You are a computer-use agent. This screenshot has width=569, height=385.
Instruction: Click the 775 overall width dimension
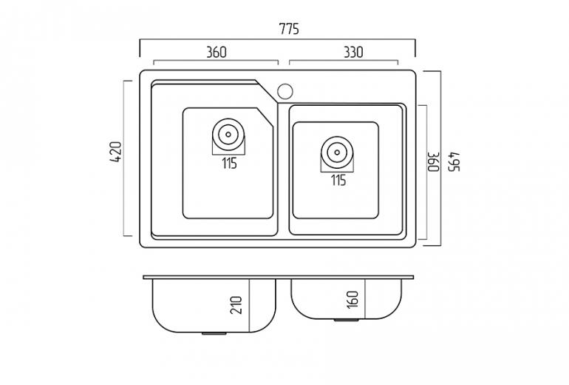pos(289,29)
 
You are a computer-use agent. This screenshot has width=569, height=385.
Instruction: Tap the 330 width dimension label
pos(353,53)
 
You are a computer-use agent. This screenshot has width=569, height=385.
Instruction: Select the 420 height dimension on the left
pos(116,152)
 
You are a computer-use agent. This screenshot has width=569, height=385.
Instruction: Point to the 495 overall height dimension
pos(454,161)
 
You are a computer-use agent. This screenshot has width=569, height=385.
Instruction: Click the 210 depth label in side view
pos(236,304)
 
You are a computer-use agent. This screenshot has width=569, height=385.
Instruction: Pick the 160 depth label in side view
pos(352,299)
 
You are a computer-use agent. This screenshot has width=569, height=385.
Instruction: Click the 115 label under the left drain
pos(229,163)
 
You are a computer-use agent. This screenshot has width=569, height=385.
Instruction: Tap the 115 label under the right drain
pos(338,180)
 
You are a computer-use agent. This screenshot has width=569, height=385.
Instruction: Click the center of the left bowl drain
pos(228,134)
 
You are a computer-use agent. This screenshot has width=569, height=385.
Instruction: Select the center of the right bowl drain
pos(337,153)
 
